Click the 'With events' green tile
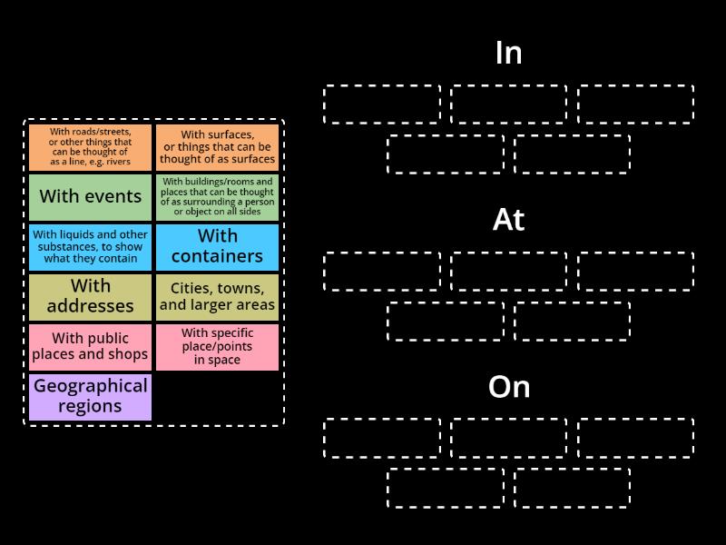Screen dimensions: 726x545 coord(90,197)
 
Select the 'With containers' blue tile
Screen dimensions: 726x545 coord(217,247)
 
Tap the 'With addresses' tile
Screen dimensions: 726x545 coord(90,298)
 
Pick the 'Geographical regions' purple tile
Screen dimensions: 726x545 coord(90,398)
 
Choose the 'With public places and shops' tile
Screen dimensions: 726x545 coord(90,348)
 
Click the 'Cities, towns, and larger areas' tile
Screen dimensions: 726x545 coord(217,298)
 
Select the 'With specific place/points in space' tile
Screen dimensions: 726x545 coord(217,348)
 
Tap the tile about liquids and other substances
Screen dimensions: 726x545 coord(90,247)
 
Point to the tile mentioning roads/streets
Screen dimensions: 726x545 coord(90,147)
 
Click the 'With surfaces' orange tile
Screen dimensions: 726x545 coord(217,147)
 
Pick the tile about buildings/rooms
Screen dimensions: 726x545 coord(217,197)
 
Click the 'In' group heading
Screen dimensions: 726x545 coord(508,53)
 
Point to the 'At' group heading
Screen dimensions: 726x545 coord(508,220)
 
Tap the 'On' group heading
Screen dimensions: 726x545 coord(509,387)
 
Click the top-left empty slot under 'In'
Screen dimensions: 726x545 coord(382,104)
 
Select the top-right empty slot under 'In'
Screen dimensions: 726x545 coord(636,104)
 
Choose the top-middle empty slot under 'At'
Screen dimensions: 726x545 coord(509,272)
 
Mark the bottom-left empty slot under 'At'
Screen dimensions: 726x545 coord(446,322)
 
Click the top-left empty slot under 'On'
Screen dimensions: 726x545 coord(382,438)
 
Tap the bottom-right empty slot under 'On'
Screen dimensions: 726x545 coord(573,488)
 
